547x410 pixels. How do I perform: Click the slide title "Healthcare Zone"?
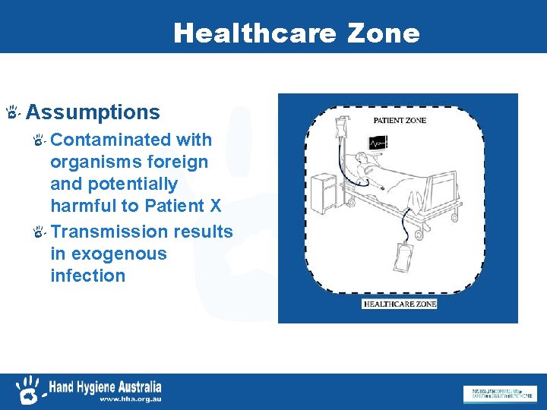pyautogui.click(x=296, y=33)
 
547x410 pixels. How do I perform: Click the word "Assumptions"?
pyautogui.click(x=93, y=113)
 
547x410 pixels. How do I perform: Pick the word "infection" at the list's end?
pyautogui.click(x=87, y=276)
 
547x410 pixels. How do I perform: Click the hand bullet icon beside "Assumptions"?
pyautogui.click(x=12, y=113)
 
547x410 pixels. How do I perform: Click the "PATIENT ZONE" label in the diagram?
pyautogui.click(x=399, y=120)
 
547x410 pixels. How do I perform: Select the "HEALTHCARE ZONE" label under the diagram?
pyautogui.click(x=400, y=304)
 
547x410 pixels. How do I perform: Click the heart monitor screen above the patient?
pyautogui.click(x=377, y=142)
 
